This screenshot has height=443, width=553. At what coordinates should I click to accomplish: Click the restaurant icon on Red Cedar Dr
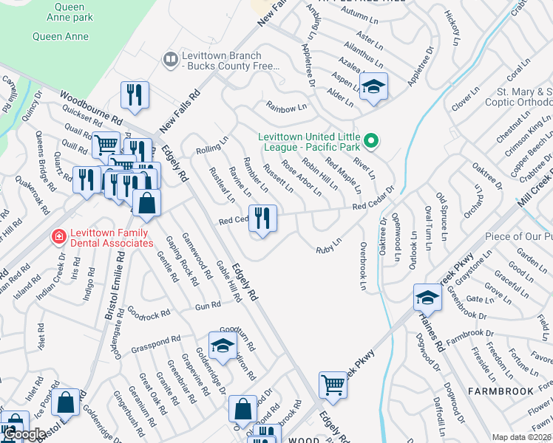pos(262,219)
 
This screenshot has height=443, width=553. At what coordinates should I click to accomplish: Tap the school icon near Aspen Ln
pos(373,86)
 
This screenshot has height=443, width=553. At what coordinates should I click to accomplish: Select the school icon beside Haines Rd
pos(427,298)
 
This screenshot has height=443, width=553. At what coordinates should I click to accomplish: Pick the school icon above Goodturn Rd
pos(223,344)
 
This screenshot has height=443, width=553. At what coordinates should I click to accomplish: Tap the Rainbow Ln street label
pos(286,108)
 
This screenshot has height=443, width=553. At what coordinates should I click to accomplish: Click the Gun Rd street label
pos(208,305)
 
